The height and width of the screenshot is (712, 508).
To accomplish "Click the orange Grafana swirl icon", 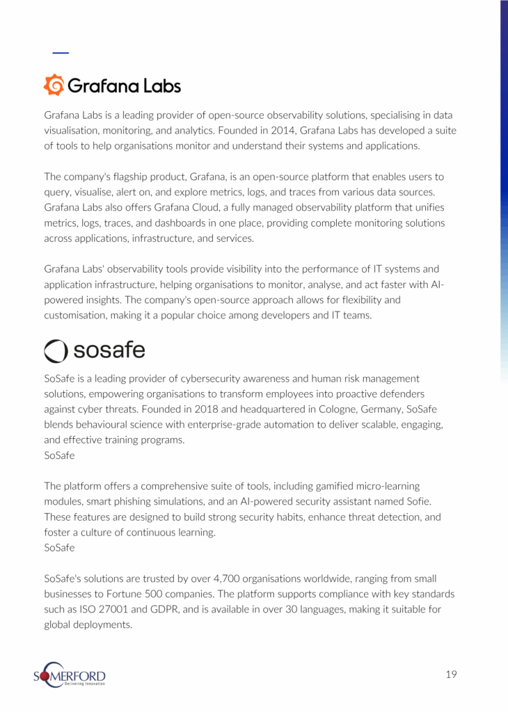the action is [x=54, y=85].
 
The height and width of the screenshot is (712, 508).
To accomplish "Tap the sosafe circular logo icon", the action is [x=56, y=350].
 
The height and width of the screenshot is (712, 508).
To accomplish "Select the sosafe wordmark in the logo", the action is [x=109, y=350].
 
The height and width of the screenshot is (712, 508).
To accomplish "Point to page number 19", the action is [x=451, y=674].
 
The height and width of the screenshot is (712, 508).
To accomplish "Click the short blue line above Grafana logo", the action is [x=61, y=53].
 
